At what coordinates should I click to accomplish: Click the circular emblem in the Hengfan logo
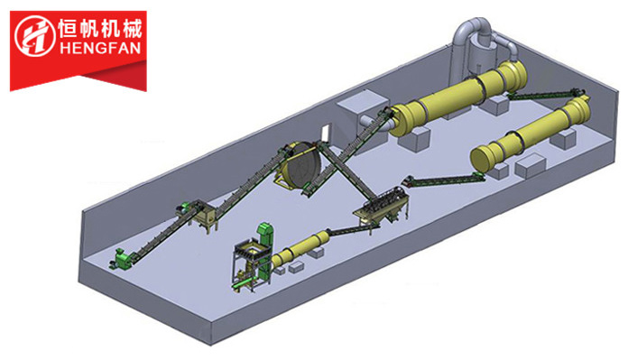point(35,36)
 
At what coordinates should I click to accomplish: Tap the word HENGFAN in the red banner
point(100,49)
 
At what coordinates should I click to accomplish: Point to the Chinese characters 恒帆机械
point(100,29)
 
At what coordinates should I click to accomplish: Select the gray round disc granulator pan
point(300,164)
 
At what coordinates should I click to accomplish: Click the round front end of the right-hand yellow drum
point(482,159)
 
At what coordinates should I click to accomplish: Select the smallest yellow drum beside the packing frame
point(300,250)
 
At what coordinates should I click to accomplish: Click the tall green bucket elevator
point(264,253)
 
